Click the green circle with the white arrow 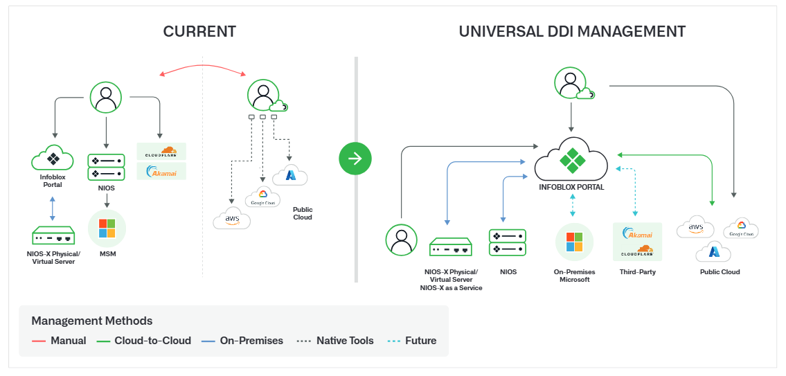(x=355, y=159)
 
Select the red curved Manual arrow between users (x=202, y=66)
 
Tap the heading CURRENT (x=199, y=32)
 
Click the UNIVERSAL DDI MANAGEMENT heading (x=572, y=32)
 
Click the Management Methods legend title (x=92, y=321)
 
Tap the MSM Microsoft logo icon (x=107, y=229)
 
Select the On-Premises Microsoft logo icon (x=574, y=242)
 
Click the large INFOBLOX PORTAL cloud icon (x=571, y=159)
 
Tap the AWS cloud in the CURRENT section (x=231, y=220)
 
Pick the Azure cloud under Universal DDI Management (x=715, y=253)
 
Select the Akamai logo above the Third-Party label (x=637, y=233)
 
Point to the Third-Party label (x=637, y=272)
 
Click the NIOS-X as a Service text (x=451, y=287)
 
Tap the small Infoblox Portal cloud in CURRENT (x=53, y=159)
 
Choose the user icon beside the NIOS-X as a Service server (x=401, y=240)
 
